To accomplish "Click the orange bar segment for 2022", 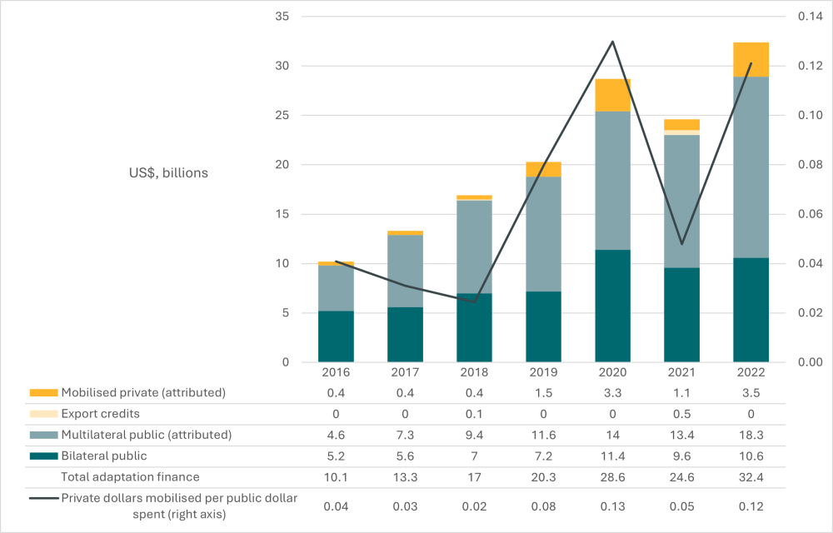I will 751,59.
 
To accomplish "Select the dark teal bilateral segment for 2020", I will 612,306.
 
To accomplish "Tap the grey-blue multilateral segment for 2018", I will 474,247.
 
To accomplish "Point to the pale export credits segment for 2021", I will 681,132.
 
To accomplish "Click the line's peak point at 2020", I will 612,41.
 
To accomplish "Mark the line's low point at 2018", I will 474,302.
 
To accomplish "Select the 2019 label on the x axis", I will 543,372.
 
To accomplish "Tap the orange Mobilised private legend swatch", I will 43,392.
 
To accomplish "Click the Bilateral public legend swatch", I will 43,456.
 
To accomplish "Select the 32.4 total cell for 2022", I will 751,477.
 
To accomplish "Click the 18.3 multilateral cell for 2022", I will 751,435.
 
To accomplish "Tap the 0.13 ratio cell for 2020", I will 612,506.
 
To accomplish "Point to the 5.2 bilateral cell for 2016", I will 336,456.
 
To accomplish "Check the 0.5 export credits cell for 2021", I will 681,414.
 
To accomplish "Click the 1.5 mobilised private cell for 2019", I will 543,392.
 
